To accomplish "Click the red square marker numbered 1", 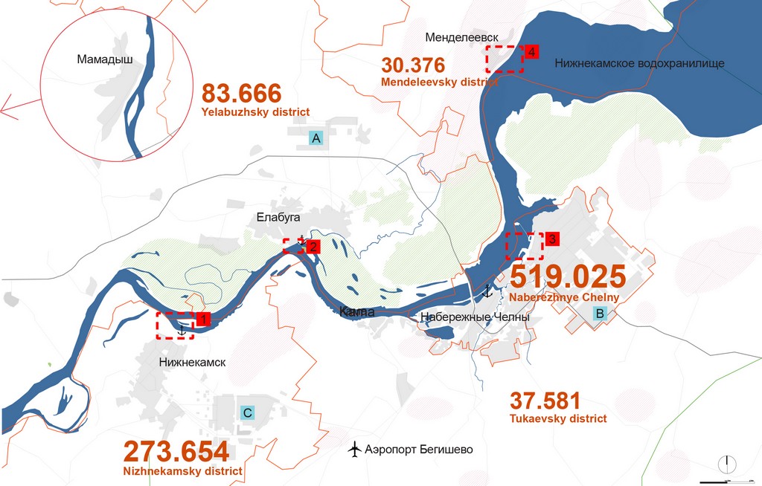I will point(202,320).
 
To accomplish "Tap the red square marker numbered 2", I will point(313,247).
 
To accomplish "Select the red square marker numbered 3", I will point(551,239).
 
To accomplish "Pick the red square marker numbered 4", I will point(532,52).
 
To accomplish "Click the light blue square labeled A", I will point(316,138).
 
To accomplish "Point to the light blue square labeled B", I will point(600,314).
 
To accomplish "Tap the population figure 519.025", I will point(567,276).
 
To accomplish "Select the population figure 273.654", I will point(176,452).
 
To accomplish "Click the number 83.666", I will point(242,94).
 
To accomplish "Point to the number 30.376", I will point(413,65).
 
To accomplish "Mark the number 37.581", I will point(545,401).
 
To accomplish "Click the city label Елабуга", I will point(278,218).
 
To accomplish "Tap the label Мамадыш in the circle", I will point(105,59).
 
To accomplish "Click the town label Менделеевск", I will point(461,37).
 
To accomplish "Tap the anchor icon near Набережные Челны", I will point(487,291).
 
